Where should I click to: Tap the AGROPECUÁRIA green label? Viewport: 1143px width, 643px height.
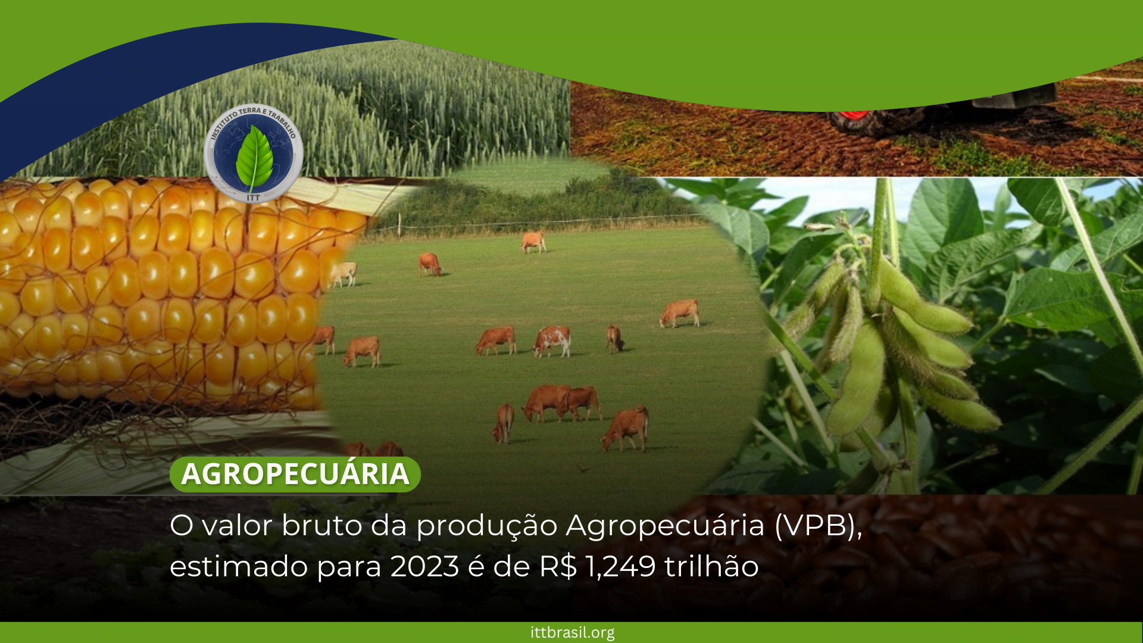tap(295, 475)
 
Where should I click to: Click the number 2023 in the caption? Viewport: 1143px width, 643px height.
tap(425, 566)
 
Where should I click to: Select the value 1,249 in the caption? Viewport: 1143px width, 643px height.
tap(621, 566)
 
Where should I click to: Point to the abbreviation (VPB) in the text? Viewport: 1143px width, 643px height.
tap(818, 526)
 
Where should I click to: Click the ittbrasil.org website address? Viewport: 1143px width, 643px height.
tap(572, 632)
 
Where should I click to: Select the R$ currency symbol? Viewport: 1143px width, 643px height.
tap(558, 566)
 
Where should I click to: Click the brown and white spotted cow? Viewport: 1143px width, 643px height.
tap(552, 341)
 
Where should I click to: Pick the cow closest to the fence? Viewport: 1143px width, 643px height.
tap(533, 242)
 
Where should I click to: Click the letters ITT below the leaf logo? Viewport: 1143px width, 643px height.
tap(254, 197)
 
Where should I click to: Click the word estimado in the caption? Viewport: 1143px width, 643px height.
tap(238, 566)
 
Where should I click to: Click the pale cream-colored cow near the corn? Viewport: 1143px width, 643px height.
tap(343, 274)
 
